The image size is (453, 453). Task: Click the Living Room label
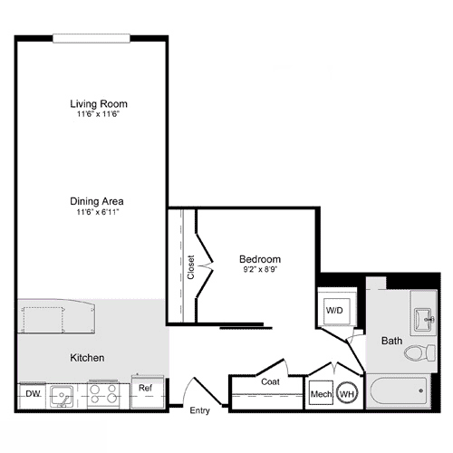point(95,102)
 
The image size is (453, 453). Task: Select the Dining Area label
point(95,201)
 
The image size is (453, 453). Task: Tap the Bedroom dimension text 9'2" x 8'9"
point(259,270)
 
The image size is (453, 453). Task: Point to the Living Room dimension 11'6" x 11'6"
point(95,115)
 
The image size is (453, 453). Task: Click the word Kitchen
point(87,358)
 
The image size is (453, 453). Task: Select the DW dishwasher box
point(33,393)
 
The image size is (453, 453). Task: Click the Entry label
point(199,410)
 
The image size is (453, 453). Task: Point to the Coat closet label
point(270,381)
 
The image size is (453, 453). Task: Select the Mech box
point(321,394)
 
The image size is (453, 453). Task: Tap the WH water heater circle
point(346,394)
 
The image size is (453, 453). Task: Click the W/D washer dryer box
point(335,309)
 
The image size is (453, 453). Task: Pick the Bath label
point(391,341)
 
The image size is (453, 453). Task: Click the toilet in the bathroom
point(418,352)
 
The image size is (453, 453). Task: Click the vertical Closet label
point(191,267)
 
